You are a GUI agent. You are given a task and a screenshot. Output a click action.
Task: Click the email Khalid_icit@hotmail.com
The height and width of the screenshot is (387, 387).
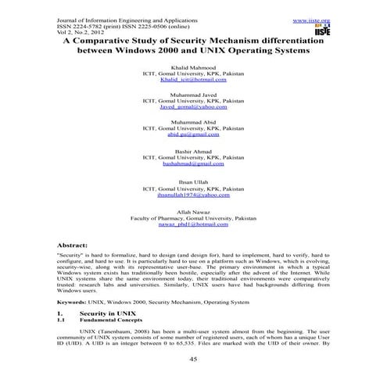click(193, 80)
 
